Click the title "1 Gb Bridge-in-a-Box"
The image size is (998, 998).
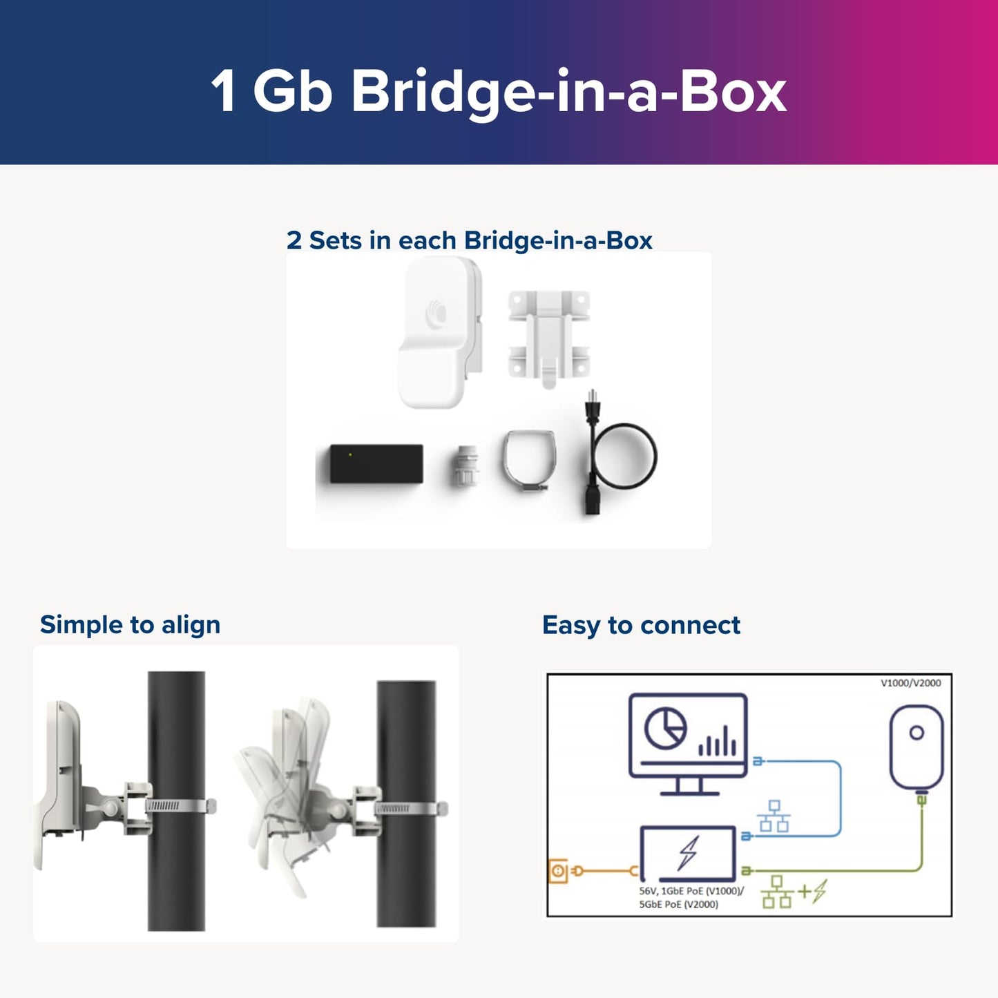pos(498,90)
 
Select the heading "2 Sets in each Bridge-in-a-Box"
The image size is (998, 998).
pos(469,240)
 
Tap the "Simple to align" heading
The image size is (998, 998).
pos(130,624)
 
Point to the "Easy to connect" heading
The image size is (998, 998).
pos(641,625)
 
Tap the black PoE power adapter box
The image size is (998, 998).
pos(376,464)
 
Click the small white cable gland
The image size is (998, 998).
pos(465,466)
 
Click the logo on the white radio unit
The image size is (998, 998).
pos(436,315)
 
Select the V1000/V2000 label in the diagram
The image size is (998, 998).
pos(910,683)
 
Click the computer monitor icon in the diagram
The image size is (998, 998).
pos(688,743)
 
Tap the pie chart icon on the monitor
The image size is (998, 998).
pos(665,729)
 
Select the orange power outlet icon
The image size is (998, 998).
pos(557,871)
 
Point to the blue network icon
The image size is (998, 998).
pos(774,816)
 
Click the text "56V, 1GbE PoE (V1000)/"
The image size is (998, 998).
pos(691,891)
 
